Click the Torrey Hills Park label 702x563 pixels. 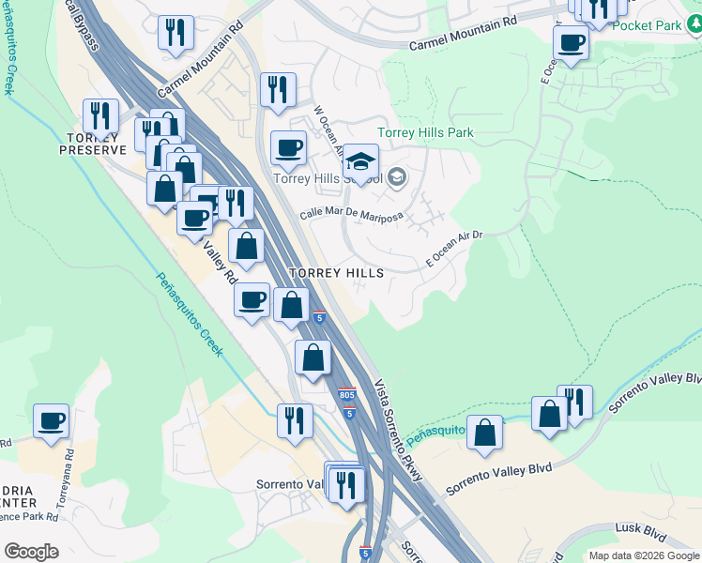(424, 133)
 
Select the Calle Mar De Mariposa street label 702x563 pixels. (351, 215)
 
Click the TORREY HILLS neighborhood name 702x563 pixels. (336, 272)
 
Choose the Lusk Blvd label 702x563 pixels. (640, 530)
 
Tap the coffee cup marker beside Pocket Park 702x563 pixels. (571, 42)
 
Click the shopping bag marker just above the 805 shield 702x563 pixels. (313, 357)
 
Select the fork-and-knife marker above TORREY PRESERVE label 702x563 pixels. (100, 116)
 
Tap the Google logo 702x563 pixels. (31, 552)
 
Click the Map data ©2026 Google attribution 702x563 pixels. (644, 555)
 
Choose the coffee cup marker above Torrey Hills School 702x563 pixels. (288, 147)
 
